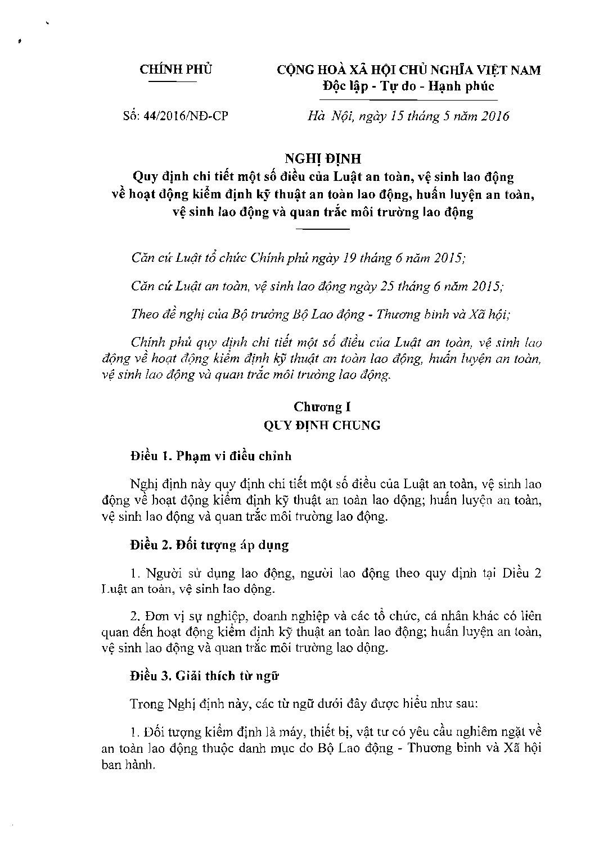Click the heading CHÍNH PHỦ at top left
176,70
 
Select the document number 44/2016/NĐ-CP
192,117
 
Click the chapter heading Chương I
322,406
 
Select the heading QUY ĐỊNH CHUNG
322,425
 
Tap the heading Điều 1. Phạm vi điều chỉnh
211,456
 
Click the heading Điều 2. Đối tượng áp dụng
209,544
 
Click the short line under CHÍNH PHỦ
172,83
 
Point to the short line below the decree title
323,229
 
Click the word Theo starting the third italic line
145,314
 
